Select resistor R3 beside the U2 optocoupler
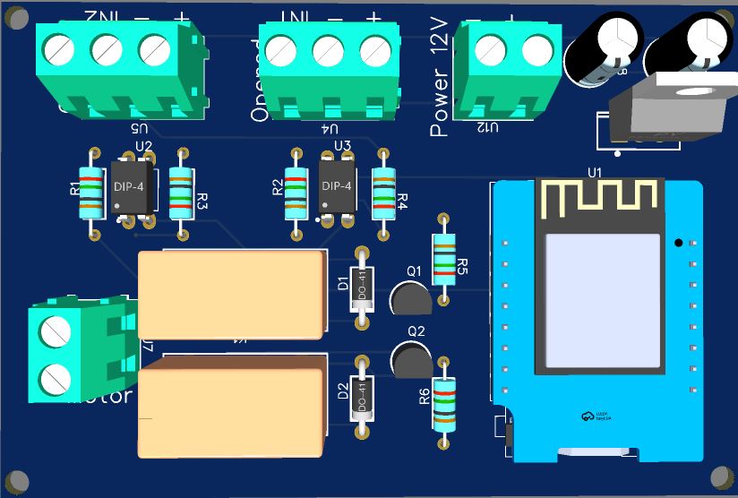[182, 194]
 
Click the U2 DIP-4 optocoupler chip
[134, 187]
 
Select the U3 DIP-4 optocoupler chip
[338, 187]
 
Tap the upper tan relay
[230, 294]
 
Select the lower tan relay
[230, 408]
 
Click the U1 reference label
[595, 172]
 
